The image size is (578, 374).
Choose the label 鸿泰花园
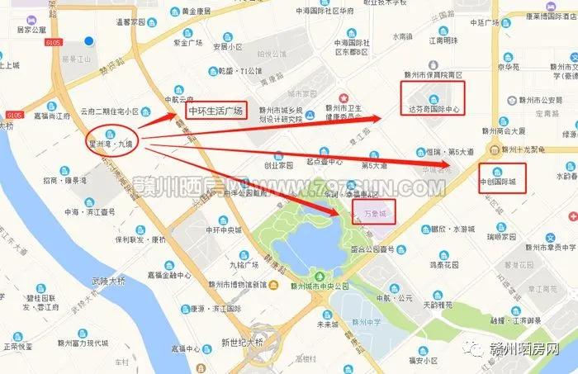click(443, 266)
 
